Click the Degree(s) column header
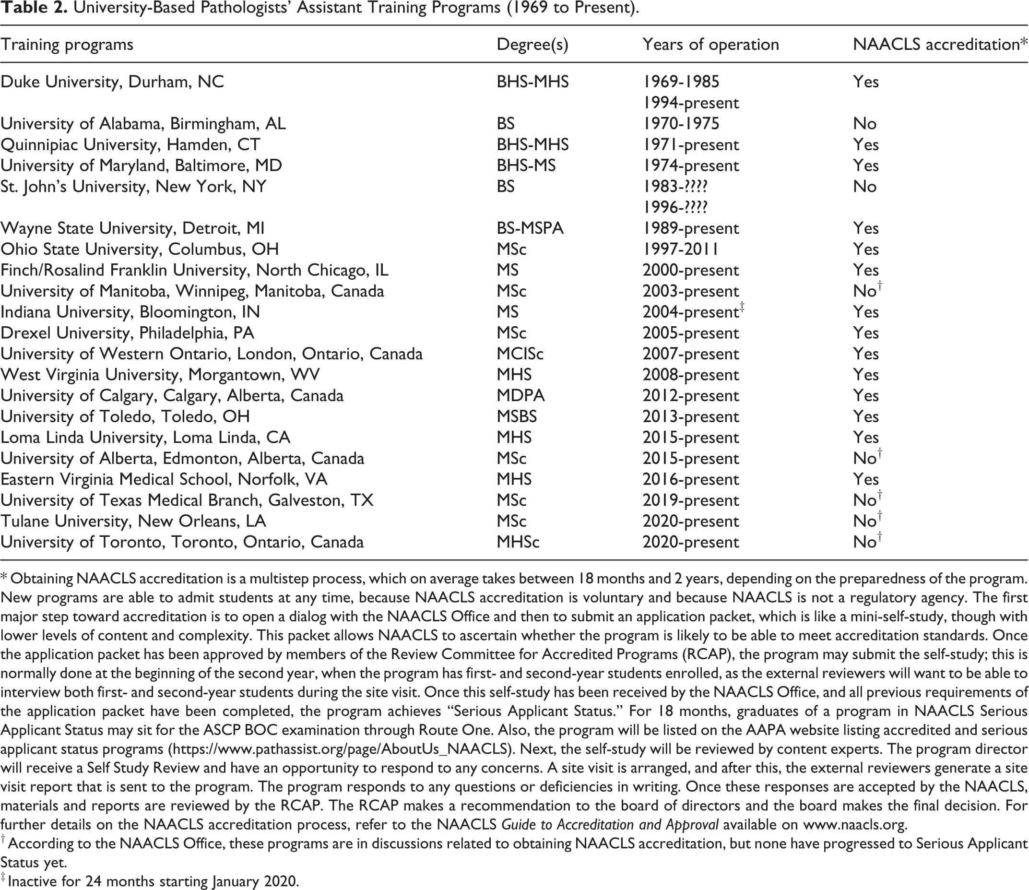pos(532,45)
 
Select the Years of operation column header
pos(710,45)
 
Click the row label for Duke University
pos(112,82)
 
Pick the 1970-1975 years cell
pos(681,124)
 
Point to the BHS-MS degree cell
pos(526,166)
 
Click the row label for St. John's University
pos(133,186)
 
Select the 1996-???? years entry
pos(675,207)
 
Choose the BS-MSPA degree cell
pos(530,228)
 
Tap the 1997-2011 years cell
pos(680,249)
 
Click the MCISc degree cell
pos(520,354)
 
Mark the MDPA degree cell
pos(520,395)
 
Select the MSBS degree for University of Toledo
pos(517,416)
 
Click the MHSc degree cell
pos(518,542)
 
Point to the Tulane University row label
pos(133,521)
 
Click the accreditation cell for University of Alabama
pos(864,124)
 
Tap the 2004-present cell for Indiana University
pos(690,312)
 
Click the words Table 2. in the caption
pos(34,9)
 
